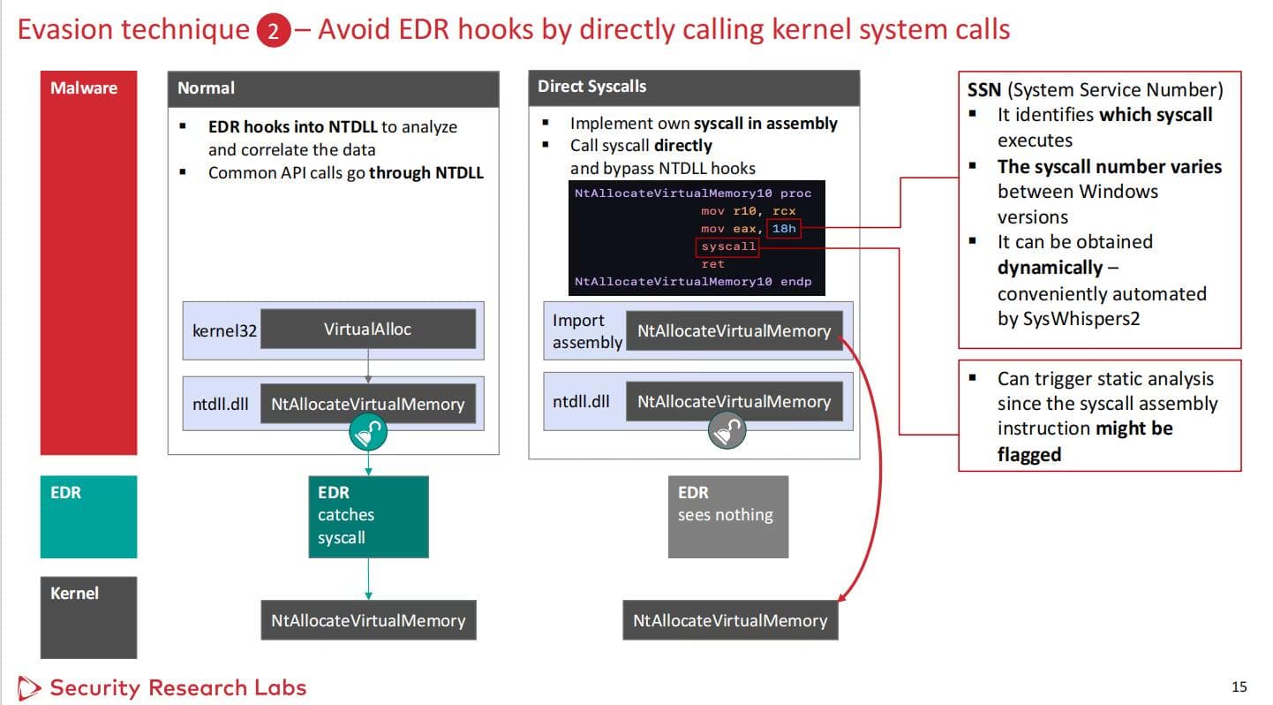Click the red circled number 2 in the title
(x=274, y=32)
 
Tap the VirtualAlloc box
(x=367, y=329)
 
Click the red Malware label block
(x=88, y=262)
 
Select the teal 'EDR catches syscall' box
(x=368, y=517)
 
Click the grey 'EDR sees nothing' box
(x=727, y=517)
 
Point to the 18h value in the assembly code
(x=784, y=229)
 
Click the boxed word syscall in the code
(x=728, y=246)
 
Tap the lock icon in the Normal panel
(x=368, y=432)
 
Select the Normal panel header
(x=333, y=88)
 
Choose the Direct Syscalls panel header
(x=693, y=87)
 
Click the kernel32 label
(x=224, y=331)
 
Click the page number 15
(x=1239, y=686)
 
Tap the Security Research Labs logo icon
(x=29, y=687)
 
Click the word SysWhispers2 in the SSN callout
(x=1068, y=318)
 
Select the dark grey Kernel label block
(x=88, y=617)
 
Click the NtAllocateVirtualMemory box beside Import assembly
(x=734, y=331)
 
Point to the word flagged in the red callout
(x=1029, y=454)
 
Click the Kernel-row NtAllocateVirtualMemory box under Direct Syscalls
(x=730, y=620)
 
